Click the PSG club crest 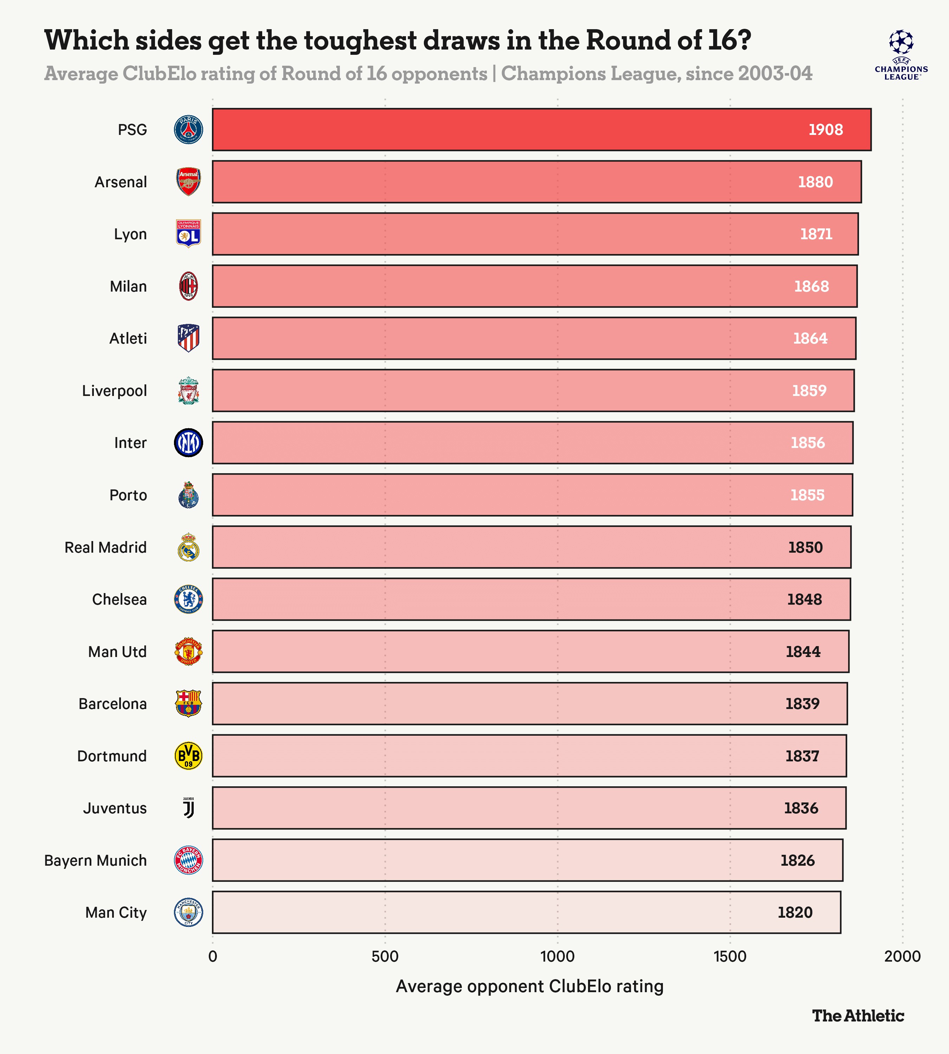[188, 130]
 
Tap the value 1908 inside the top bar [825, 130]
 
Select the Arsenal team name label [121, 182]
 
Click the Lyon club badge [188, 234]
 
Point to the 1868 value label [811, 286]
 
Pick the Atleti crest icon [188, 338]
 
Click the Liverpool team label [114, 390]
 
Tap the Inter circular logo [188, 443]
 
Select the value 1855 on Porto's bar [807, 495]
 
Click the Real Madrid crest [188, 547]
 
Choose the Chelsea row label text [120, 599]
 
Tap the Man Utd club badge [188, 651]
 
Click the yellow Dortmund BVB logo [188, 756]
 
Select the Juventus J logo [188, 808]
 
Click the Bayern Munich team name [95, 860]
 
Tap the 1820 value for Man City [795, 912]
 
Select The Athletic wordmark [858, 1015]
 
